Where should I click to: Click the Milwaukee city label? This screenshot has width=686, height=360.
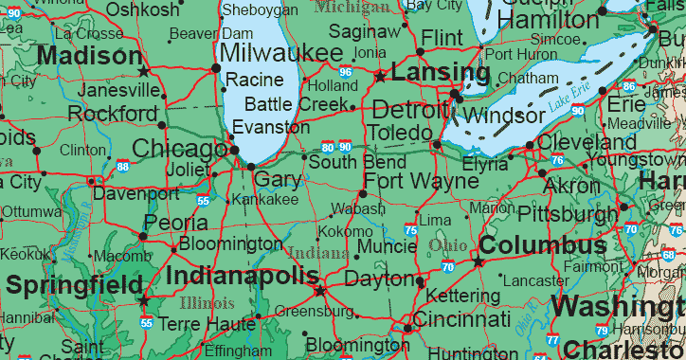click(x=281, y=52)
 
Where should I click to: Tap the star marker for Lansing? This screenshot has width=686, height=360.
click(x=380, y=76)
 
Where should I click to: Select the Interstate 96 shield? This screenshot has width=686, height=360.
click(x=346, y=72)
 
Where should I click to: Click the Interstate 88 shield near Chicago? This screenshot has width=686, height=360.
click(x=124, y=167)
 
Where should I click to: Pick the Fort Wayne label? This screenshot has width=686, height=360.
click(x=421, y=181)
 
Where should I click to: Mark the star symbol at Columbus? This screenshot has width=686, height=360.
click(x=478, y=261)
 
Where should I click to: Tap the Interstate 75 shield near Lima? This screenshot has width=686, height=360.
click(x=409, y=229)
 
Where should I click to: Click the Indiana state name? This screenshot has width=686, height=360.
click(x=317, y=253)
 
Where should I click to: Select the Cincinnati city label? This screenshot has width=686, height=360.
click(x=461, y=318)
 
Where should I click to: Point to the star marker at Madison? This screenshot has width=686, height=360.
click(x=143, y=71)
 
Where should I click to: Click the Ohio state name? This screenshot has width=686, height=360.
click(x=447, y=245)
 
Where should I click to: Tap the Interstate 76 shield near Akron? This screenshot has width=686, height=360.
click(x=557, y=160)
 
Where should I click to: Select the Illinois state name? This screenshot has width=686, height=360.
click(x=206, y=304)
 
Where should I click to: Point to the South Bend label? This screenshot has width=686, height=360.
click(x=344, y=162)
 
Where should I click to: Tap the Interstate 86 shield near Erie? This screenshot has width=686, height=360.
click(x=627, y=86)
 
